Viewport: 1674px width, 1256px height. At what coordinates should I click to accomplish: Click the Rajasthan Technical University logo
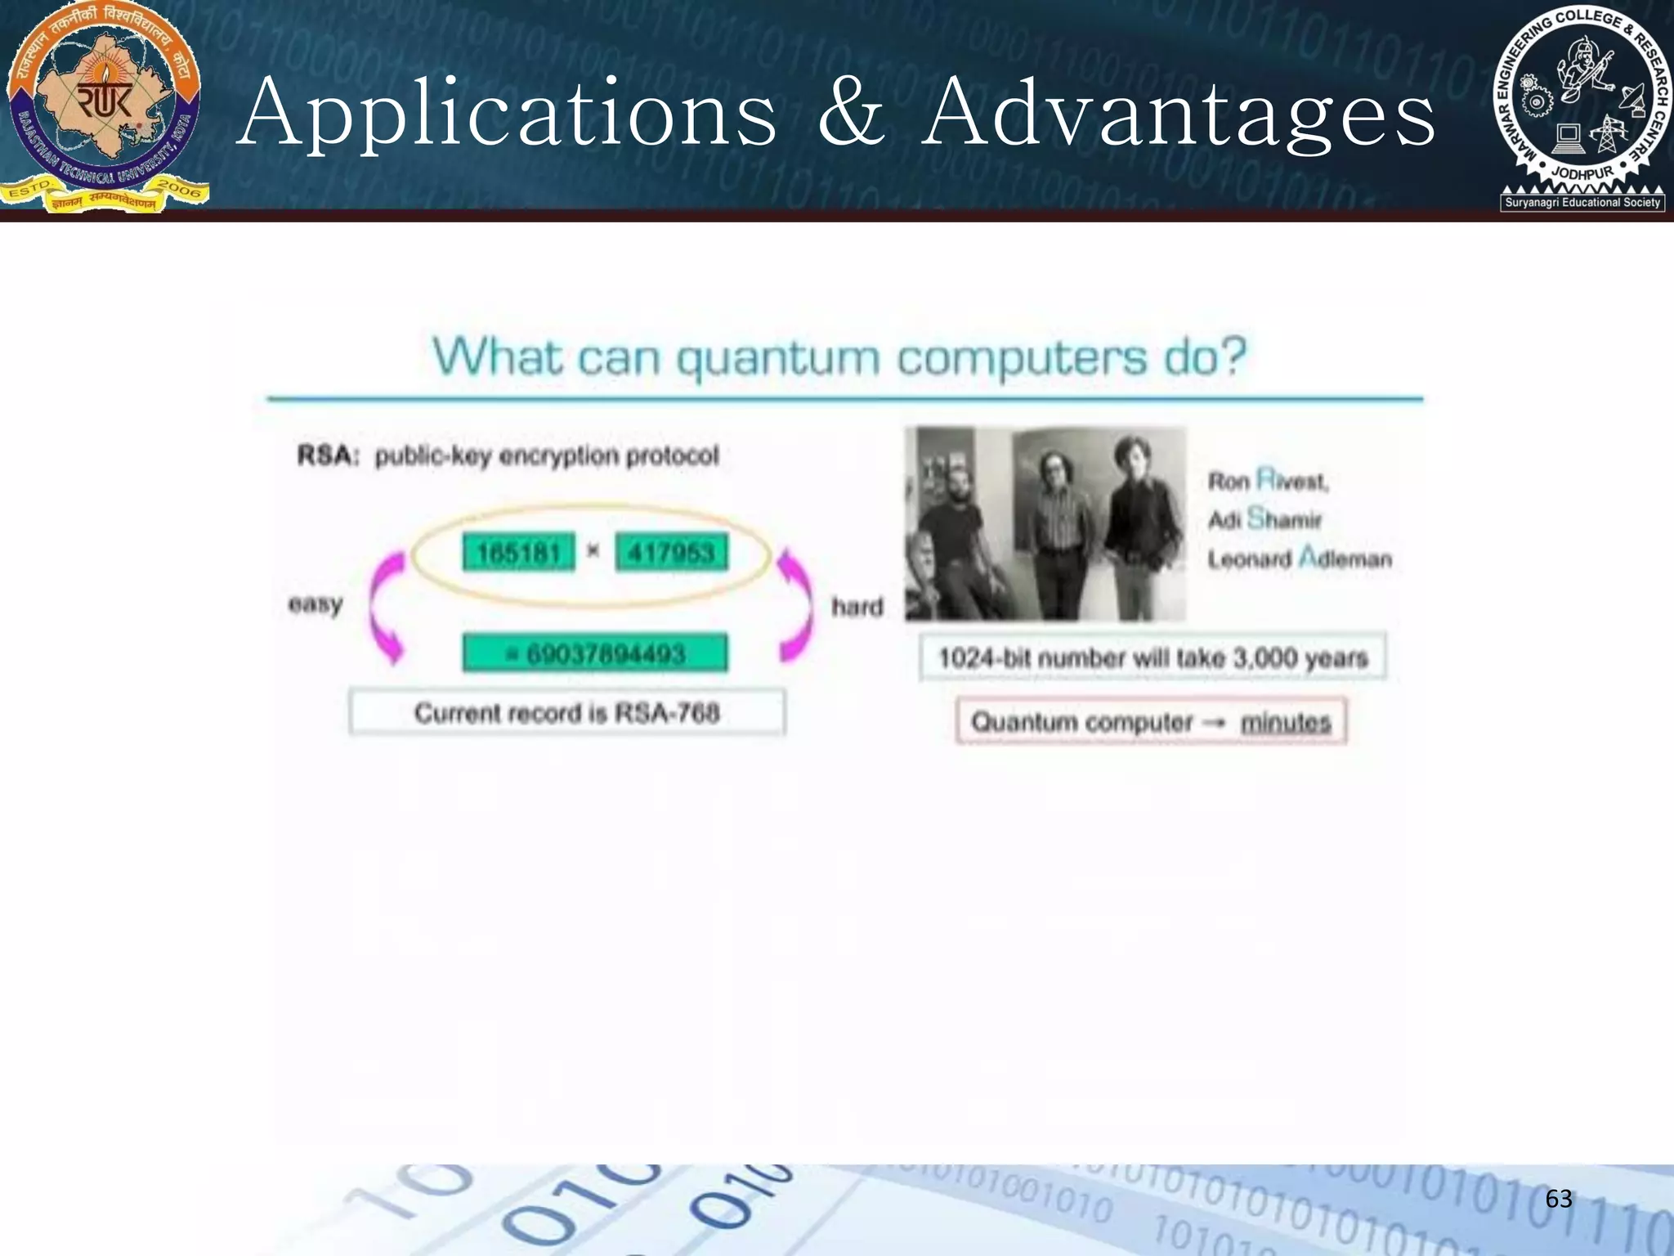coord(104,106)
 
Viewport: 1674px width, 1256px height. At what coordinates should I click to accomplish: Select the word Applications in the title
coord(507,114)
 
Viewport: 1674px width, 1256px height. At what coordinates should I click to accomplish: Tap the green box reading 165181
coord(518,553)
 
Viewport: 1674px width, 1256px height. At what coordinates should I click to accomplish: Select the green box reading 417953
coord(671,553)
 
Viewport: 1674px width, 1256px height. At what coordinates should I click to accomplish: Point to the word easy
coord(316,605)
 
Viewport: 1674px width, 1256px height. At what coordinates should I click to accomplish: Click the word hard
coord(857,607)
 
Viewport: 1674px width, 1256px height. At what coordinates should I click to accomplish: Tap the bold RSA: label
coord(328,455)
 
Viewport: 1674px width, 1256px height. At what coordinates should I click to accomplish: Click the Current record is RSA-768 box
coord(567,713)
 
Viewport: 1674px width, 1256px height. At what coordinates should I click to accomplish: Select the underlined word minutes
coord(1286,722)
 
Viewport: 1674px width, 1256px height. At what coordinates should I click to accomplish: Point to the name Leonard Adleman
coord(1300,559)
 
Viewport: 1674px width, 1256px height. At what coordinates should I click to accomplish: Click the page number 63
coord(1558,1199)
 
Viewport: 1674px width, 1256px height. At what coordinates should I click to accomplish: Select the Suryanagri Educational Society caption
coord(1582,202)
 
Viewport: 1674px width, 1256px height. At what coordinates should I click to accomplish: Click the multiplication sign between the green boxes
coord(593,551)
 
